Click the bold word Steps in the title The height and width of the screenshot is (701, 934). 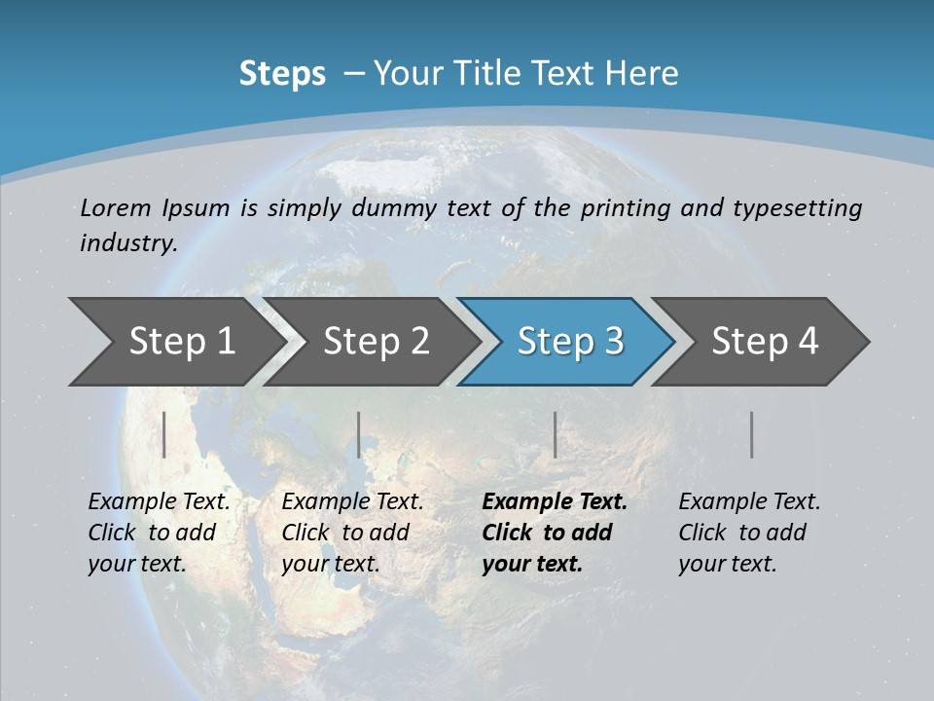pyautogui.click(x=282, y=74)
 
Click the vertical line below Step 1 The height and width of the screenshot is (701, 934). pyautogui.click(x=164, y=434)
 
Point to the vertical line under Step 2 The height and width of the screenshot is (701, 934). pyautogui.click(x=359, y=434)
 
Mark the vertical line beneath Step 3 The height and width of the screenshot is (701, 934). pyautogui.click(x=555, y=434)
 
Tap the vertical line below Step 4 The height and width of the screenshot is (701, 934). pyautogui.click(x=752, y=434)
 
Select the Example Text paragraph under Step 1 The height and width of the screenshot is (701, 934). pyautogui.click(x=158, y=533)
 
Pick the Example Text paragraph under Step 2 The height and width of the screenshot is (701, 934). pyautogui.click(x=351, y=533)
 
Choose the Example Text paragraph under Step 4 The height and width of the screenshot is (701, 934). pyautogui.click(x=748, y=533)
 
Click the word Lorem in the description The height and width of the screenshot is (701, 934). pyautogui.click(x=116, y=207)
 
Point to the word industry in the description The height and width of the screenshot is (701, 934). pyautogui.click(x=127, y=243)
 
